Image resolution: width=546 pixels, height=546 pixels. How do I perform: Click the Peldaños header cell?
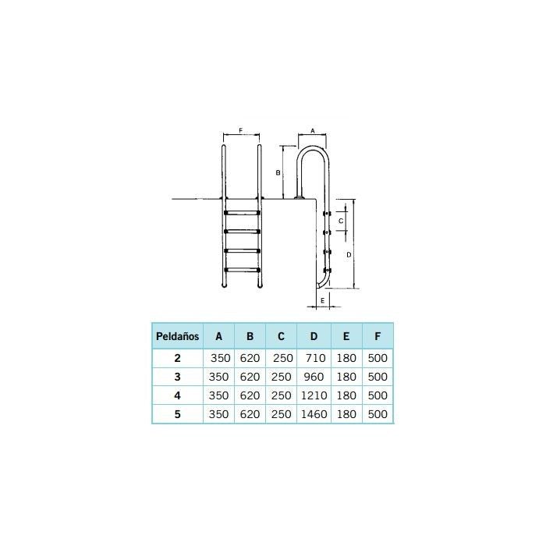pos(177,337)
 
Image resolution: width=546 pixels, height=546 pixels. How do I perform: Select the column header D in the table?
pos(314,337)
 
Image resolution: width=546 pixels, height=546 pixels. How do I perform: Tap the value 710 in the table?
pos(314,359)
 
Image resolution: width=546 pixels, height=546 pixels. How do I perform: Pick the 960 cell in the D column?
pos(314,378)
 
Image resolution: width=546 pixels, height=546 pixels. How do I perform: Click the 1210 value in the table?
pos(314,396)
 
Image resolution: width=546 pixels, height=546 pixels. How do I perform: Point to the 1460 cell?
pos(314,415)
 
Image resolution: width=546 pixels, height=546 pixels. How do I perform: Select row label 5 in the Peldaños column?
pos(177,415)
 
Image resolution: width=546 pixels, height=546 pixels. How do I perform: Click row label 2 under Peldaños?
pos(177,359)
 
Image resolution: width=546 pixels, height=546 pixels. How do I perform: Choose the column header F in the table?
pos(378,337)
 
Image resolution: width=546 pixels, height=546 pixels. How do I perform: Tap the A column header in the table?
pos(219,337)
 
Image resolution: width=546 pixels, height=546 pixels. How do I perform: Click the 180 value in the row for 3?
pos(346,378)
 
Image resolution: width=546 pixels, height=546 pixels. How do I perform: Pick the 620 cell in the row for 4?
pos(250,396)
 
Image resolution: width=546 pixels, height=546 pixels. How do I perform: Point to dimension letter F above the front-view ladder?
pos(241,130)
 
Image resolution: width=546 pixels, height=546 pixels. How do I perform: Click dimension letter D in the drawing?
pos(349,254)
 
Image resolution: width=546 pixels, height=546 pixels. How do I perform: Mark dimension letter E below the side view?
pos(322,300)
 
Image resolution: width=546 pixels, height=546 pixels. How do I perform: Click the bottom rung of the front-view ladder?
pos(242,270)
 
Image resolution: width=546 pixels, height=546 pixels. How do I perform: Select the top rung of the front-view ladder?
pos(242,211)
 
